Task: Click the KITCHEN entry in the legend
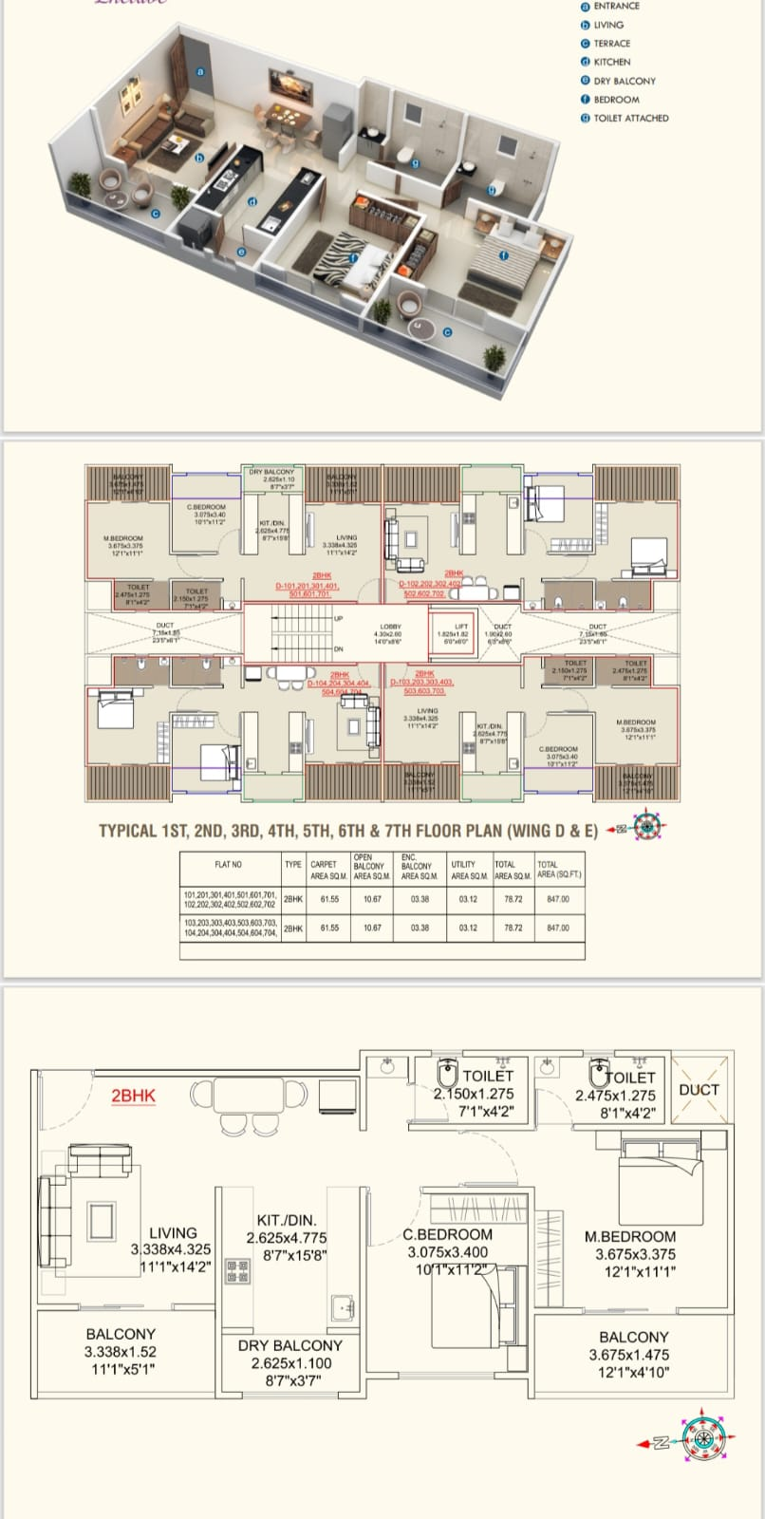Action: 612,62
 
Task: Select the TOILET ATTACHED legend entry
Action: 630,118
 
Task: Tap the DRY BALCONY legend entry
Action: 624,81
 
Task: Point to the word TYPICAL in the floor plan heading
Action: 129,831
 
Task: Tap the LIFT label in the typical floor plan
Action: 461,627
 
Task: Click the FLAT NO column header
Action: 229,865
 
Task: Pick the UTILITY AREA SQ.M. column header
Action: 469,870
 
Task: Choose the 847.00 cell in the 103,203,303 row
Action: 558,928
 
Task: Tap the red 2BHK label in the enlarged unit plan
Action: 133,1096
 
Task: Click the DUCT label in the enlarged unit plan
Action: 699,1090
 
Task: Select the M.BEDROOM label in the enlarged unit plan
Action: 630,1236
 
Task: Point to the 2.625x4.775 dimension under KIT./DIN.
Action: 286,1238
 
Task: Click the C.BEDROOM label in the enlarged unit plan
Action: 447,1234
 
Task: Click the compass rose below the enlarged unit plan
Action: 702,1443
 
